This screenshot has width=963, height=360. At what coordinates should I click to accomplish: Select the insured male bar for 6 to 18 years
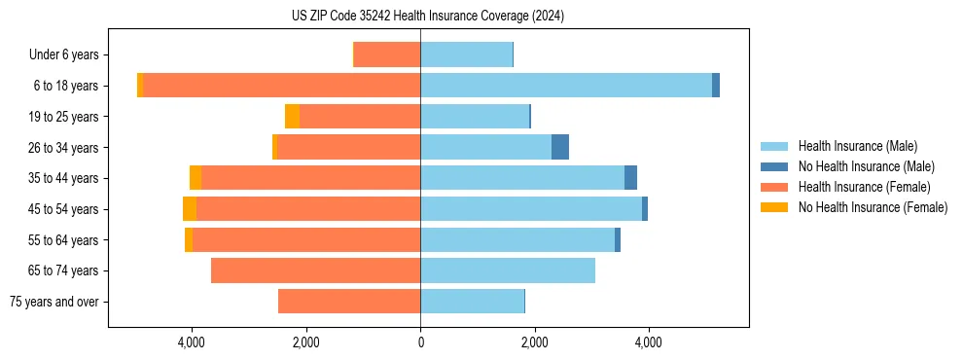coord(565,86)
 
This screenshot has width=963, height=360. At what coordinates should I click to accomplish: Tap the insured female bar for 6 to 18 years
coord(282,86)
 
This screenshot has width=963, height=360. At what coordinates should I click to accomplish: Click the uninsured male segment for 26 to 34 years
coord(560,147)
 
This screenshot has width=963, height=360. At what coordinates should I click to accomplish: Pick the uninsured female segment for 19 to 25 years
coord(292,117)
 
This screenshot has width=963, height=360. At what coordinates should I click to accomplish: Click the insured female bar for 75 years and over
coord(349,302)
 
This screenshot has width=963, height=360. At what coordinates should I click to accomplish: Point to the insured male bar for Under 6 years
coord(466,54)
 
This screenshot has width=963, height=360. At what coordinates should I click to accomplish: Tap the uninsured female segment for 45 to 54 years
coord(190,209)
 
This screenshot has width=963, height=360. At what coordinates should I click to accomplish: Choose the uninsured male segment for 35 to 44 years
coord(630,178)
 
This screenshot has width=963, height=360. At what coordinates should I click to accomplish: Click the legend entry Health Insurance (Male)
coord(857,146)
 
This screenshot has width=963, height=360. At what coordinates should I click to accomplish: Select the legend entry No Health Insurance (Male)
coord(866,166)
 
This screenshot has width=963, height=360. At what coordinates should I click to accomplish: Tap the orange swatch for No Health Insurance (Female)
coord(774,207)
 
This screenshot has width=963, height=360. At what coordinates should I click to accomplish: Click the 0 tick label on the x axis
coord(420,342)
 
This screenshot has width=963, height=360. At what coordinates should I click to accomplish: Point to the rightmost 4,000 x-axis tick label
coord(649,342)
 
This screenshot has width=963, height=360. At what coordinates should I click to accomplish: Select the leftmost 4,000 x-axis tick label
coord(192,342)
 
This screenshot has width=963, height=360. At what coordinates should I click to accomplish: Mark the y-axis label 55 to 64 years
coord(64,240)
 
